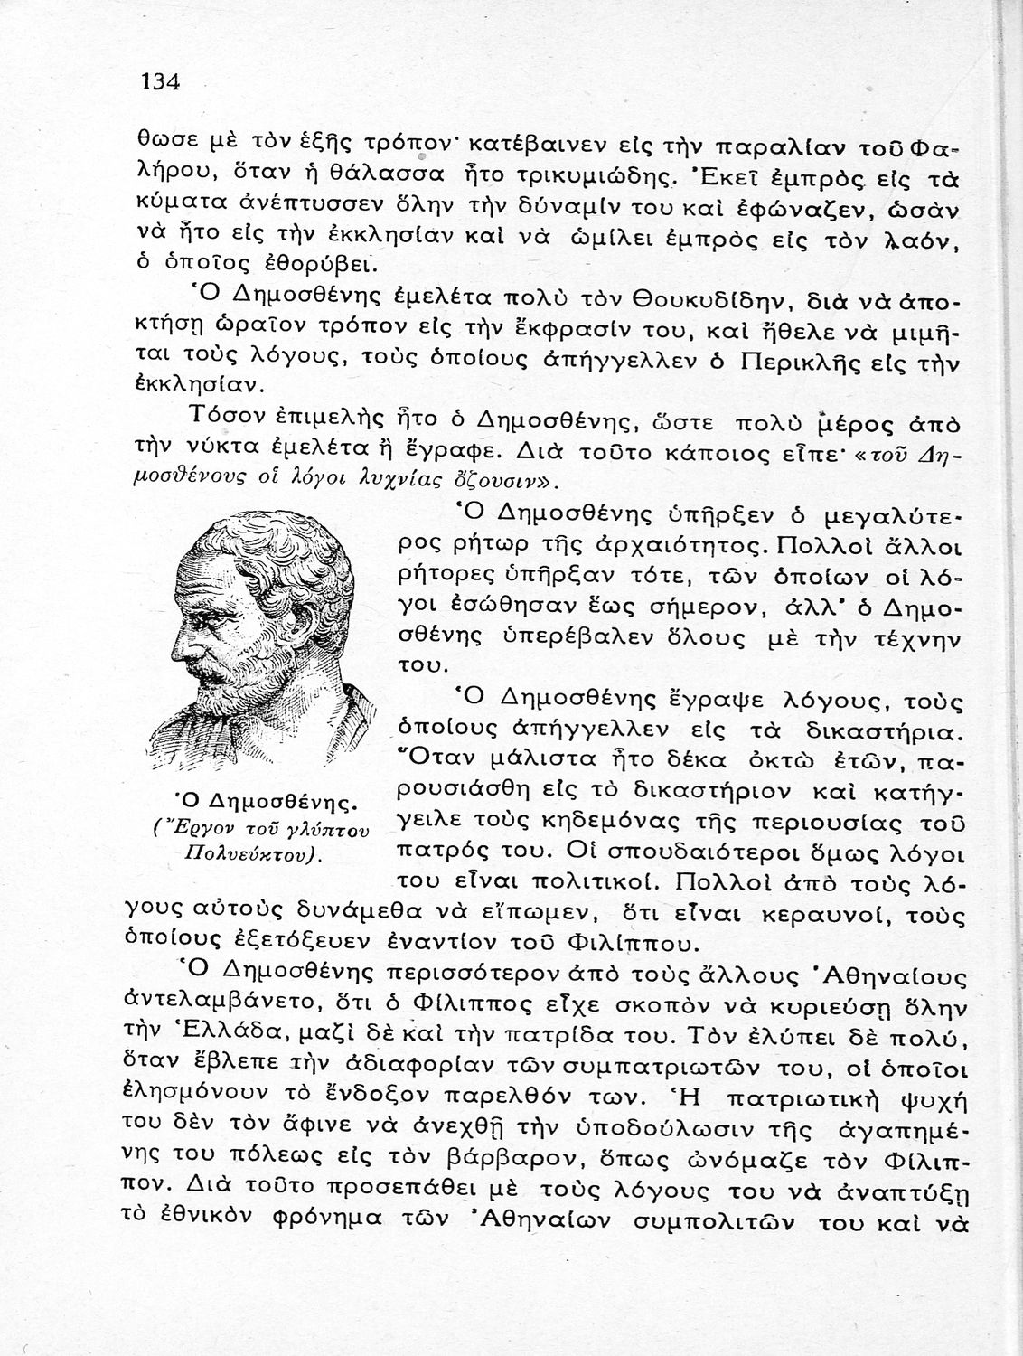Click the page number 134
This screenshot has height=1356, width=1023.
point(162,82)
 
